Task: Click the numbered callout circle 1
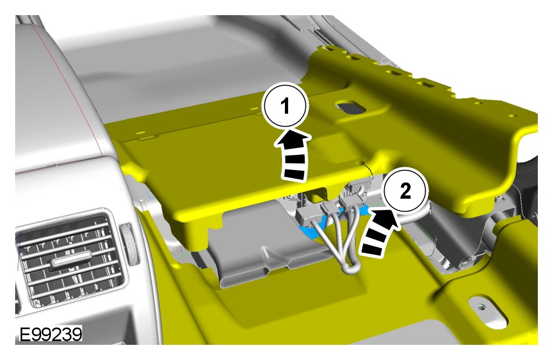coord(285,105)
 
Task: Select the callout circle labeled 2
coord(406,191)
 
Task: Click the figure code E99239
coord(50,334)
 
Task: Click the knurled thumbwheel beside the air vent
coord(128,244)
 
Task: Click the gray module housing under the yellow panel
coord(268,243)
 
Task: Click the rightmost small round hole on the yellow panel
coord(513,115)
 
